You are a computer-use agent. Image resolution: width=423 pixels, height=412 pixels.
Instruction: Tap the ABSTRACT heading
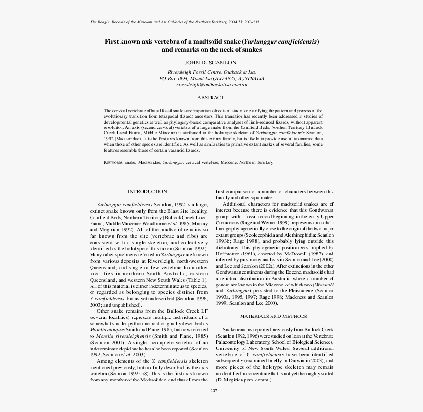click(x=211, y=98)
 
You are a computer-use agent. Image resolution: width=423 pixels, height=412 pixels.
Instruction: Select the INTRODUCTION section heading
click(x=147, y=192)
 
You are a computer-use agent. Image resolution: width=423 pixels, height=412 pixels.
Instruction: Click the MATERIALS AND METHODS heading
click(x=273, y=316)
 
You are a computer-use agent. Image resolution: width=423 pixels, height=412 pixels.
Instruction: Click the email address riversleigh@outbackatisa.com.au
click(x=211, y=85)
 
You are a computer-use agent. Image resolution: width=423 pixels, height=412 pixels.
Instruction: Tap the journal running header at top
click(x=175, y=22)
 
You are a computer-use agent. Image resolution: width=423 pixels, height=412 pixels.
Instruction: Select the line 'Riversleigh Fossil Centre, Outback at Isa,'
click(x=211, y=72)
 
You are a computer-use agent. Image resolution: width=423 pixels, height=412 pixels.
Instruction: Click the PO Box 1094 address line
click(x=211, y=78)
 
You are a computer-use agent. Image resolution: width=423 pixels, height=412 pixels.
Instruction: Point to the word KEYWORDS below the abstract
click(x=113, y=162)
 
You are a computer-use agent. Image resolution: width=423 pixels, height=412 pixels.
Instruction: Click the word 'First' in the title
click(x=113, y=42)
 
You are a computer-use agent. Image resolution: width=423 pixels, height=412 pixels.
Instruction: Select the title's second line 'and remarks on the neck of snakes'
click(x=211, y=50)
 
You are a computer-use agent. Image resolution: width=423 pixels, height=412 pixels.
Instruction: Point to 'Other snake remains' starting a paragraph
click(x=121, y=311)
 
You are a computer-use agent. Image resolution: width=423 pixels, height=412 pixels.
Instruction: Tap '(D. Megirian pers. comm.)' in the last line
click(x=244, y=380)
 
